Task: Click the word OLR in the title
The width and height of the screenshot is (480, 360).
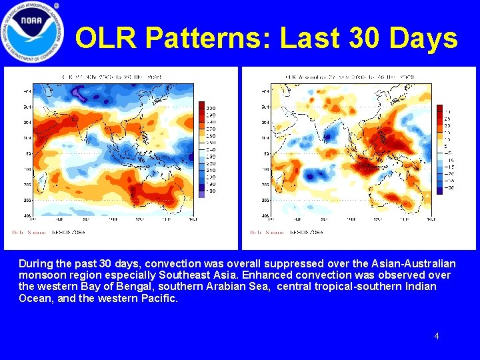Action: pos(106,39)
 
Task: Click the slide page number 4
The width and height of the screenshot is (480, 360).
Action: pos(437,336)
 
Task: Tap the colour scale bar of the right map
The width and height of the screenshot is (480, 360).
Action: pos(439,148)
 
